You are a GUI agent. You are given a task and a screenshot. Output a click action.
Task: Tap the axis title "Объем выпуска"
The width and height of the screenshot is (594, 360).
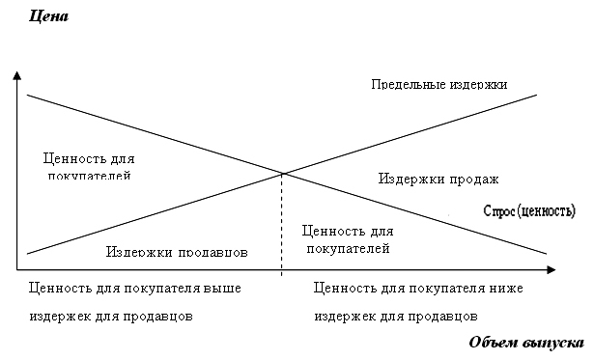click(x=525, y=343)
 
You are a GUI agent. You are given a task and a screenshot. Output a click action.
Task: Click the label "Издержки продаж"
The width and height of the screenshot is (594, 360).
click(x=438, y=179)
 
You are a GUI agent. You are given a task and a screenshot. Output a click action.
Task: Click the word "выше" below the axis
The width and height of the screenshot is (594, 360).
click(x=222, y=288)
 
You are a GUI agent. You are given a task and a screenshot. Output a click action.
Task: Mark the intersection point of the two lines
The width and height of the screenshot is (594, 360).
click(x=282, y=174)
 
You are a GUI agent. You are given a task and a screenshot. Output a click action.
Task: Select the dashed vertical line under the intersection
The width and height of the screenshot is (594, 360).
click(x=282, y=222)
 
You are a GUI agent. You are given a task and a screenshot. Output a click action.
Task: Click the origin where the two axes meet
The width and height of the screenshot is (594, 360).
click(x=17, y=268)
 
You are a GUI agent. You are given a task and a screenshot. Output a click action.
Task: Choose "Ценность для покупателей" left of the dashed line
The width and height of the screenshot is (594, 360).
click(x=89, y=166)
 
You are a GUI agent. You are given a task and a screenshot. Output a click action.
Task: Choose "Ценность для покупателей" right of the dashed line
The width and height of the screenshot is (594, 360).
click(x=348, y=239)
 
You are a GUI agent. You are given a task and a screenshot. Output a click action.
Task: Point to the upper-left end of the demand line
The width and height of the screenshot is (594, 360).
click(x=28, y=95)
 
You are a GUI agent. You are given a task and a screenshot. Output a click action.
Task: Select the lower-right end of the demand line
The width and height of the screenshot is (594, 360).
click(x=548, y=253)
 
